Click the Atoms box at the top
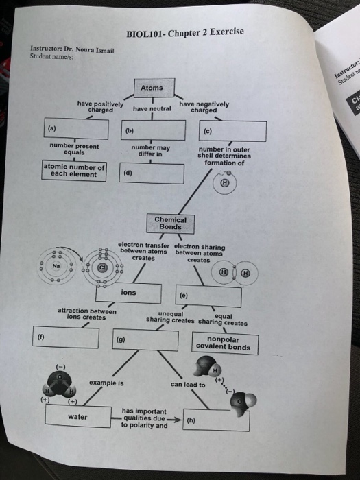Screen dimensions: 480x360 coord(151,88)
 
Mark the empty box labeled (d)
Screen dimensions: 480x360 coord(153,173)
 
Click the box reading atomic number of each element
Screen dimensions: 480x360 coord(74,170)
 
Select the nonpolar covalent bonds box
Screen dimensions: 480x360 coord(224,344)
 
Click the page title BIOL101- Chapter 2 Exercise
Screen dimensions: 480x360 coord(184,33)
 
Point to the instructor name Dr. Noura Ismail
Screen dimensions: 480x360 coord(91,49)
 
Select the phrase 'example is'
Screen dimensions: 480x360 coord(106,382)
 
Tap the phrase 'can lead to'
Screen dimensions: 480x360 coord(187,385)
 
